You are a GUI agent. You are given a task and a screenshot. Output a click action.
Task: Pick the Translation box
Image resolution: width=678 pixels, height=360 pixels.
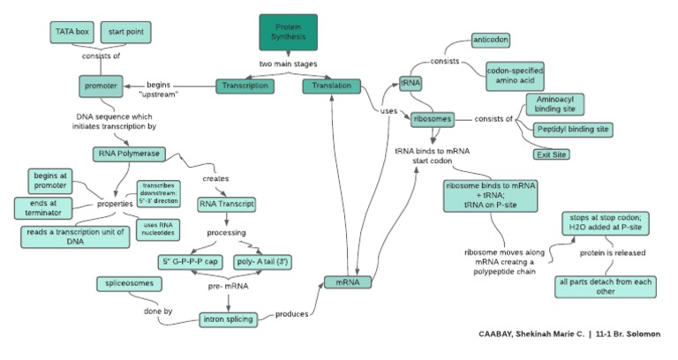pyautogui.click(x=332, y=86)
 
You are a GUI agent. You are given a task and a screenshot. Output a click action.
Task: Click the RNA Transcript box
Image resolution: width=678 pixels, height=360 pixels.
pyautogui.click(x=227, y=204)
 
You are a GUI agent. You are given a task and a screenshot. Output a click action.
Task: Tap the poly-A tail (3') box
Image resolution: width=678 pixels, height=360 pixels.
pyautogui.click(x=261, y=262)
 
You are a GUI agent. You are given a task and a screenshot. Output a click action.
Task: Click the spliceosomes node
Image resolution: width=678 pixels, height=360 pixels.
pyautogui.click(x=131, y=283)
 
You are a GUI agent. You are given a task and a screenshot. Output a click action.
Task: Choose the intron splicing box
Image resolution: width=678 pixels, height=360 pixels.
pyautogui.click(x=227, y=319)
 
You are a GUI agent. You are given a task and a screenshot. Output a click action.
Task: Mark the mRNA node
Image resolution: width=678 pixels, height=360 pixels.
pyautogui.click(x=346, y=282)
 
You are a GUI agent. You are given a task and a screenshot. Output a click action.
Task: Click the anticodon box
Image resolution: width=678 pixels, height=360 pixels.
pyautogui.click(x=492, y=40)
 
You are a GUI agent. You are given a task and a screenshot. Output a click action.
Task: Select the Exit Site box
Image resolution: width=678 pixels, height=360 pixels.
pyautogui.click(x=552, y=154)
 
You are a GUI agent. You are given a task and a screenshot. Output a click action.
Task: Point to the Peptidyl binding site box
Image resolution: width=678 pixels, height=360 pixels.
pyautogui.click(x=573, y=129)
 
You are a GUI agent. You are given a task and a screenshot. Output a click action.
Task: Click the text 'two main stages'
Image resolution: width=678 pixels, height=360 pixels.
pyautogui.click(x=288, y=64)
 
